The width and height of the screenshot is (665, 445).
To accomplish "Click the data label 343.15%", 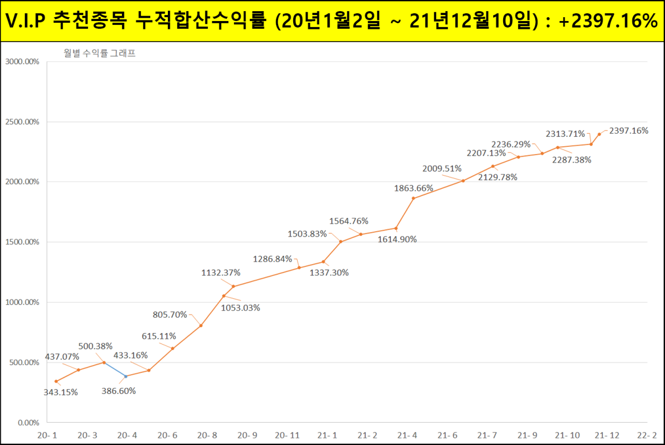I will pyautogui.click(x=61, y=392).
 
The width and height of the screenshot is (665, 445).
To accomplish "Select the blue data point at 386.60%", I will pyautogui.click(x=126, y=376).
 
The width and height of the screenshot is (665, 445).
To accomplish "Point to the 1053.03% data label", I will pyautogui.click(x=241, y=308).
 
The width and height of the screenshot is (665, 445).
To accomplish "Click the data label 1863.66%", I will pyautogui.click(x=413, y=188).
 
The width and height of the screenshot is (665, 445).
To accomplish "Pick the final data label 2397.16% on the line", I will pyautogui.click(x=628, y=131).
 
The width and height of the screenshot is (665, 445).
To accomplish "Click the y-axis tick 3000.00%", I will pyautogui.click(x=22, y=62).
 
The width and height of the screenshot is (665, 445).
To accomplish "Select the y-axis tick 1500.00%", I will pyautogui.click(x=22, y=242).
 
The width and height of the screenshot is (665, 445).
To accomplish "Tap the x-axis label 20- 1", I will pyautogui.click(x=47, y=435).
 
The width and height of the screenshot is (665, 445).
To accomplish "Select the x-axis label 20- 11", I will pyautogui.click(x=287, y=435).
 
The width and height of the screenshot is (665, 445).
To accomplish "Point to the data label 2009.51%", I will pyautogui.click(x=442, y=168).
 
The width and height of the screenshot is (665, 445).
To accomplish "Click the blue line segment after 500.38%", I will pyautogui.click(x=115, y=369).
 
